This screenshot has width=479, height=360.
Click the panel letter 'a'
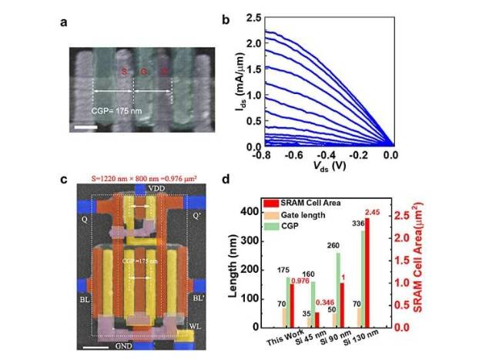[65, 22]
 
